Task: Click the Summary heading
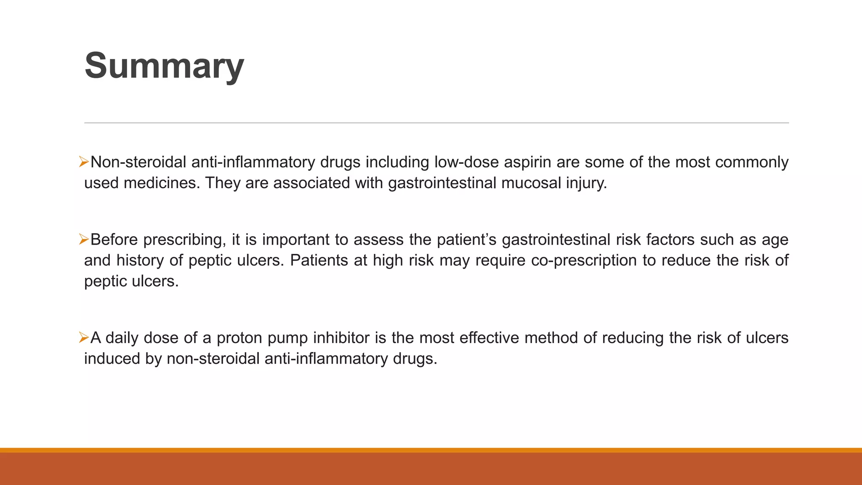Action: coord(164,66)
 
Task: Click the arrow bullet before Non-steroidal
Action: coord(83,162)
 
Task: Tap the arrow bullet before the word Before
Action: coord(83,240)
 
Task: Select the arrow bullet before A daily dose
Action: coord(83,337)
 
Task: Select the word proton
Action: coord(239,338)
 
